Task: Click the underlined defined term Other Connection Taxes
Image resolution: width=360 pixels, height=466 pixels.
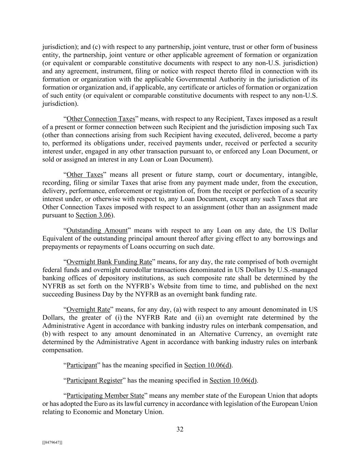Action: (x=101, y=119)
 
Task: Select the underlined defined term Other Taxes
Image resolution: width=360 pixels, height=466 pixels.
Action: (x=85, y=175)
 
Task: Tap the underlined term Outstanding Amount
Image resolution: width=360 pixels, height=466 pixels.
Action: (x=97, y=230)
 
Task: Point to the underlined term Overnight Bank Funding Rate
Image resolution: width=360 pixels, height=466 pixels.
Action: (x=109, y=262)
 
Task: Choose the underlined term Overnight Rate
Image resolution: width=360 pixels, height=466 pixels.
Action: (x=88, y=310)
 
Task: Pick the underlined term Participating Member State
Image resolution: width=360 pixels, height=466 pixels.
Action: (x=105, y=396)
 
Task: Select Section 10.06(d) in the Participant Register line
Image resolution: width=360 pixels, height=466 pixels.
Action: (x=233, y=380)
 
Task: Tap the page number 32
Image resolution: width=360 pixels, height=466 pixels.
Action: (x=180, y=429)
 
